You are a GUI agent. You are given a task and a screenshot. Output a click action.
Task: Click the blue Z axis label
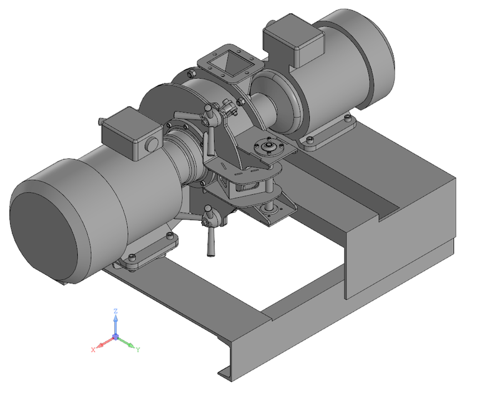tap(116, 310)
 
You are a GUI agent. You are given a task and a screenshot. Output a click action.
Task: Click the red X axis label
tap(93, 350)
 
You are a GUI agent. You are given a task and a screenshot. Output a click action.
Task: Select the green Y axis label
tap(137, 350)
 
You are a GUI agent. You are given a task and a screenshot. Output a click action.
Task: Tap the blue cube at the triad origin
tap(116, 337)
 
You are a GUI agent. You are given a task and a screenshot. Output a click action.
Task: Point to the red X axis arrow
tap(104, 343)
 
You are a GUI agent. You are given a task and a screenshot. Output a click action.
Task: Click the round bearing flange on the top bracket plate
tap(269, 147)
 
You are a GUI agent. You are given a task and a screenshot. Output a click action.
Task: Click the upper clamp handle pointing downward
tap(210, 140)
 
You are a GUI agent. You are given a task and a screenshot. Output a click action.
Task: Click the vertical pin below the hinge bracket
tap(270, 207)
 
